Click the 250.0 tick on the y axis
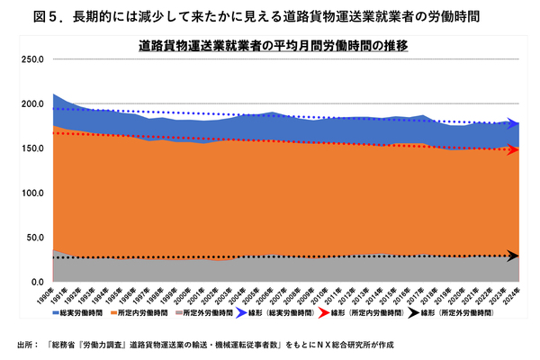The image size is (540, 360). click(x=32, y=59)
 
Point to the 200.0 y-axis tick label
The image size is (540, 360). click(x=32, y=104)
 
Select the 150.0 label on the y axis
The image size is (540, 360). click(x=32, y=148)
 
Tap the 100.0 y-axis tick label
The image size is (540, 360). click(x=32, y=193)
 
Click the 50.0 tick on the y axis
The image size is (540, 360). click(x=34, y=238)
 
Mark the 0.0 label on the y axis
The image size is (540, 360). click(x=37, y=283)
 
